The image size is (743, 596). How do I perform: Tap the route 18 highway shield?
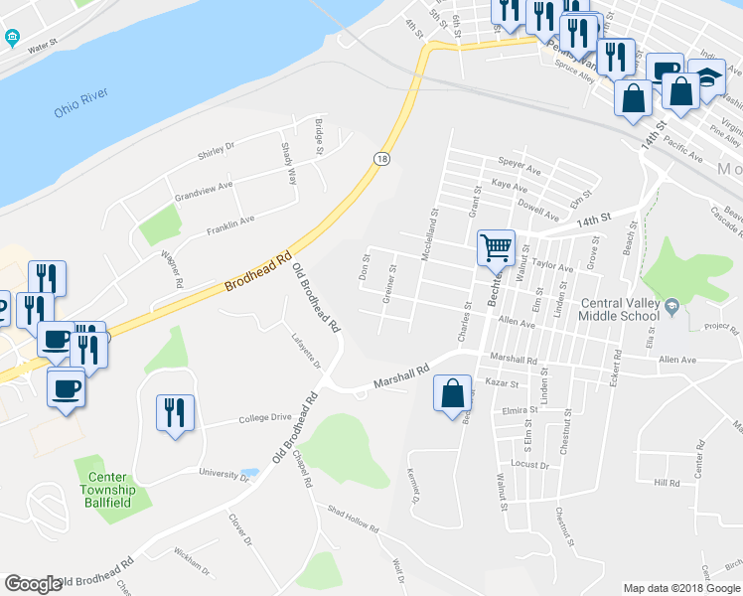pos(380,158)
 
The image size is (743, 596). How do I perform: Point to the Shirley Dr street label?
pos(216,146)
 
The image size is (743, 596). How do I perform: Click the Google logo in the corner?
pos(33,584)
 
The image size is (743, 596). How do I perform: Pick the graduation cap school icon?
pos(707,76)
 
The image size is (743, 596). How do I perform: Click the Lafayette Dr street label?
pos(311,353)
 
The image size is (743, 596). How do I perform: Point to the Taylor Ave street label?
pos(552,267)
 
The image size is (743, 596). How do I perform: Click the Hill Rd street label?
pos(667,483)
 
